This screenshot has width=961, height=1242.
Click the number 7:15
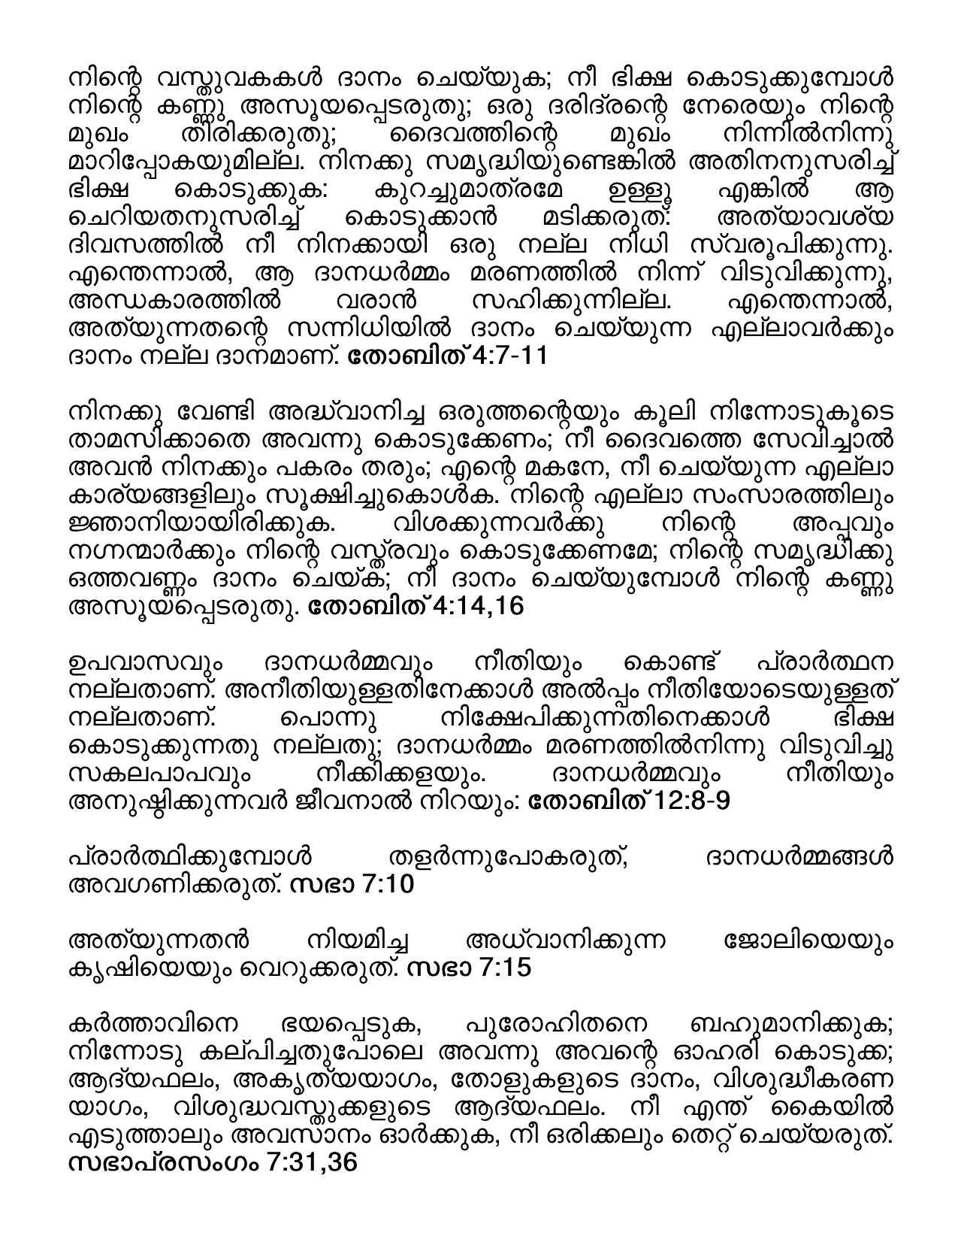click(x=504, y=968)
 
